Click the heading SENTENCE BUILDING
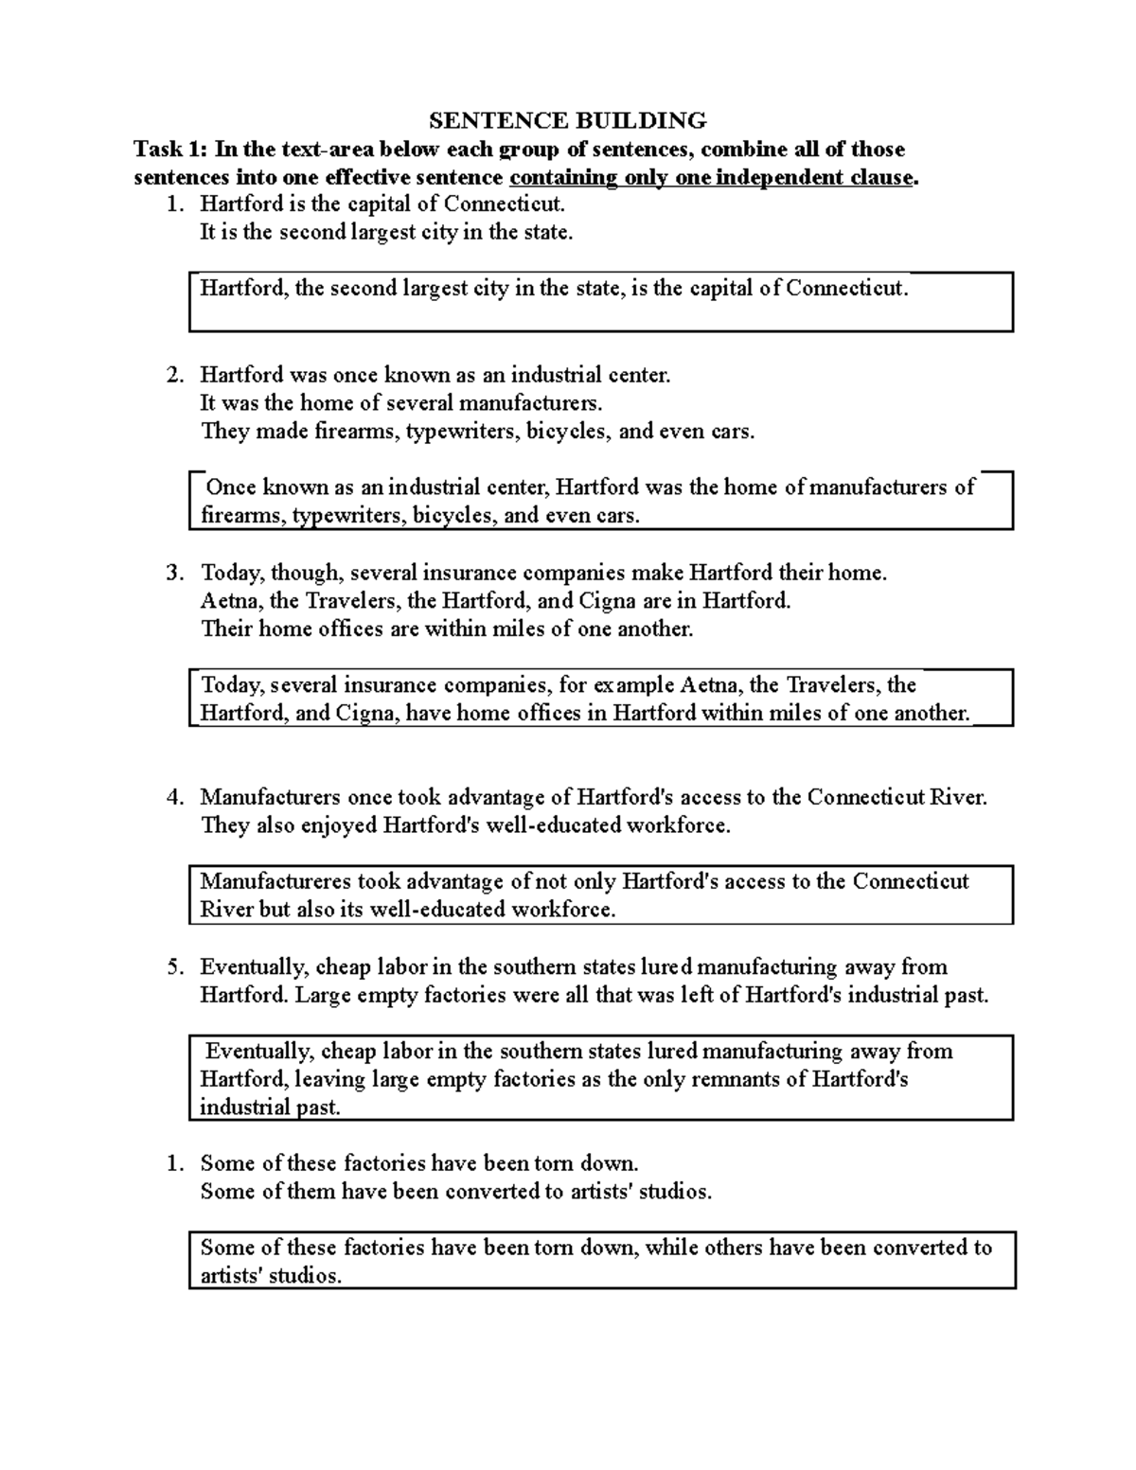(568, 120)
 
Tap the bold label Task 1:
(170, 149)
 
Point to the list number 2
(174, 375)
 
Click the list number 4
(174, 797)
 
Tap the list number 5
(174, 966)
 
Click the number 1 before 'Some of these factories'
(174, 1163)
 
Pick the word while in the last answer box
(673, 1248)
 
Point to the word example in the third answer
(637, 684)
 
